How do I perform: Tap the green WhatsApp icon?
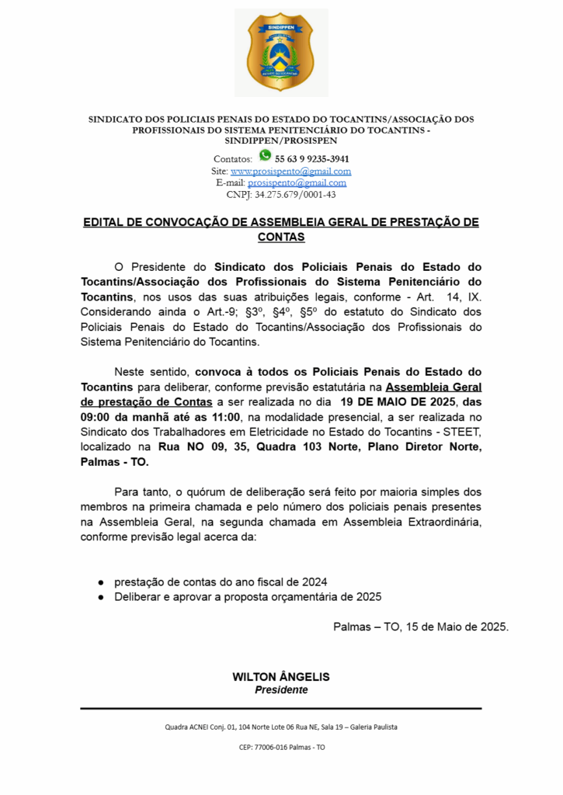tap(265, 155)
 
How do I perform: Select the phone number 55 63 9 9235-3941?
tap(311, 158)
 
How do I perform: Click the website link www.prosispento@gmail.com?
tap(290, 171)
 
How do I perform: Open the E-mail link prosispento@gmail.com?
tap(297, 182)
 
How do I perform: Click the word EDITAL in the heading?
tap(105, 223)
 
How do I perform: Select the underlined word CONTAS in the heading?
tap(281, 237)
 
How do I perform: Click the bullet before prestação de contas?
tap(101, 581)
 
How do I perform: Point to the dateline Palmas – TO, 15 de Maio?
tap(420, 627)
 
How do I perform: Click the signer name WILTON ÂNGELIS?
tap(281, 677)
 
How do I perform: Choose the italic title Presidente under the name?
tap(281, 690)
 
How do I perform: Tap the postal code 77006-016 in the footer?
tap(271, 747)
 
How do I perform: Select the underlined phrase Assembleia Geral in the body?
tap(433, 387)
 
